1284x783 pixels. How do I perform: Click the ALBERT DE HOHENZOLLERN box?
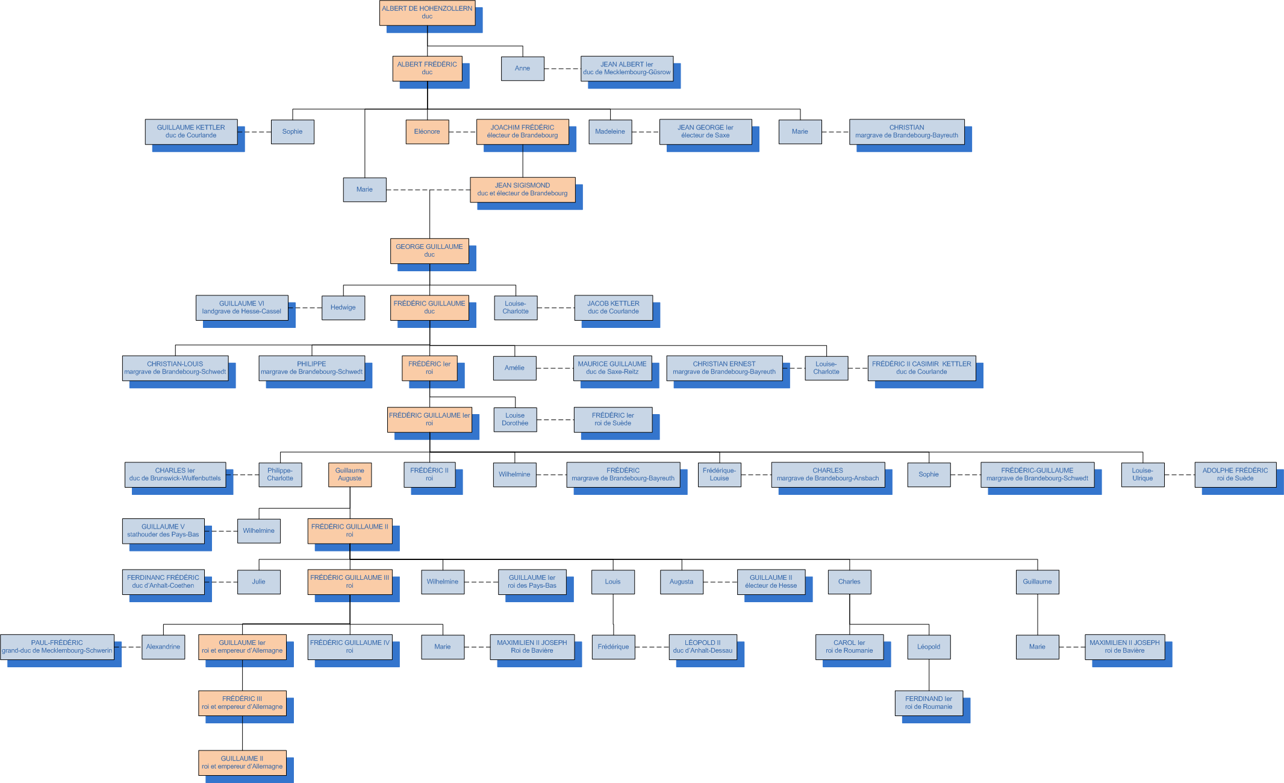427,13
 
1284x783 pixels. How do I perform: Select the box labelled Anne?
522,68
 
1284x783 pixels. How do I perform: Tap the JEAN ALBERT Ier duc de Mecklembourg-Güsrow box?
626,68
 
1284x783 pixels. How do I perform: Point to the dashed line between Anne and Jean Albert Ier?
563,69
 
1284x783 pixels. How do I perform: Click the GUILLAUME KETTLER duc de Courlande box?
191,131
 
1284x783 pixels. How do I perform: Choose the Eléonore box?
427,131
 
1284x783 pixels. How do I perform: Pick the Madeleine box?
610,131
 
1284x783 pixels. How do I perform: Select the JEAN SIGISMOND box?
522,189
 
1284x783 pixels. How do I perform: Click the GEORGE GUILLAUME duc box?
429,251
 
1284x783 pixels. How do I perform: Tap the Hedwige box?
343,307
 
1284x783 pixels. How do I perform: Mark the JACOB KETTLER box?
613,307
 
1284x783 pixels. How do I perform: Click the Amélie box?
514,368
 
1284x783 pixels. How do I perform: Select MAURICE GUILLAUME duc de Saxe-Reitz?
612,368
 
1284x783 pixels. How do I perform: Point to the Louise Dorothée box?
515,420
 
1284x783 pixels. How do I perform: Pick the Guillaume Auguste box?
350,474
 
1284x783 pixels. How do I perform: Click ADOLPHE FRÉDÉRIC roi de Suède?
1235,474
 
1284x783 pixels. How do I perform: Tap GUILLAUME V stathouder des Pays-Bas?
163,530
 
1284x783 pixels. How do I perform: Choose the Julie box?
258,582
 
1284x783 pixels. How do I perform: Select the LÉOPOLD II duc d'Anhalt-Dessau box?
703,647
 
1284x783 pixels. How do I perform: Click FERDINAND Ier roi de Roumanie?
929,703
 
